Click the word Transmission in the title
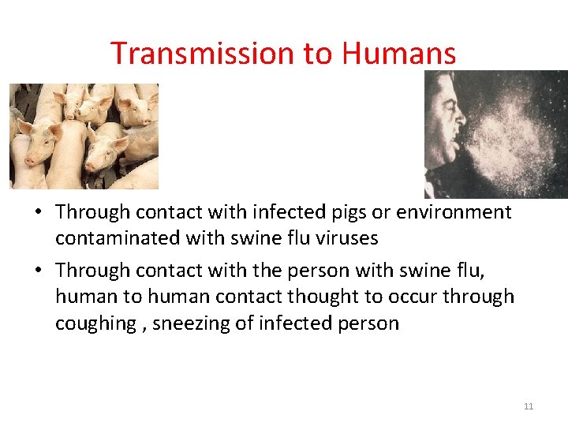point(202,54)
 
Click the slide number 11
point(529,406)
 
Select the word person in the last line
point(368,323)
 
